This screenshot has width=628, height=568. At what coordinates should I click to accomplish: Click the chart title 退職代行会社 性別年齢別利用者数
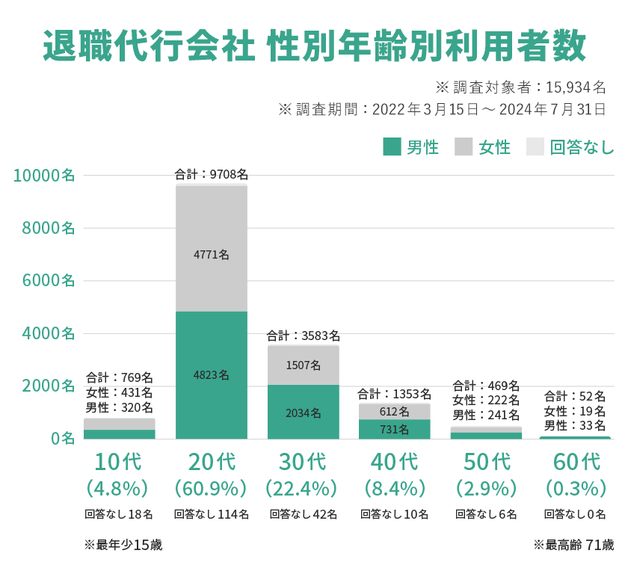314,46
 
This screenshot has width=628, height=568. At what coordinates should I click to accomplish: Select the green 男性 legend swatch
392,146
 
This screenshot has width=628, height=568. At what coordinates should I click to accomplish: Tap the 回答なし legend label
582,147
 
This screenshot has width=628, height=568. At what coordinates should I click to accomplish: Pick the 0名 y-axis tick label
62,438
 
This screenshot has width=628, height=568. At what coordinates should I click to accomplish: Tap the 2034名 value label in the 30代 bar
303,413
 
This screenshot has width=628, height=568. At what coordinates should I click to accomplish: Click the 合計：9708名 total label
212,174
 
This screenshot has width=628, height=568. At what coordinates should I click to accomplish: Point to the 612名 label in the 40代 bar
394,411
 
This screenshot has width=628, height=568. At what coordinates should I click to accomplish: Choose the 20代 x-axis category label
212,461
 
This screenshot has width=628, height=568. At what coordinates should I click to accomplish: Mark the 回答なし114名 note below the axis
211,514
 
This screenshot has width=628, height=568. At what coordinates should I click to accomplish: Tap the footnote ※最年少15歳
123,545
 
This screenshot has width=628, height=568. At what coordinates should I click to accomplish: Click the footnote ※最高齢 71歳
573,545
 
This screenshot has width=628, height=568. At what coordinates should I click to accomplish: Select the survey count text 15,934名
576,87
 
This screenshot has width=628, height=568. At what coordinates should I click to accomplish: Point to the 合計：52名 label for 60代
574,396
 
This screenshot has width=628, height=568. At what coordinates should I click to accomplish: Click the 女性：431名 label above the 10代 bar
120,392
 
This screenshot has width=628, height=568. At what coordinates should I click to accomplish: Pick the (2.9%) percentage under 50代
486,488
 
